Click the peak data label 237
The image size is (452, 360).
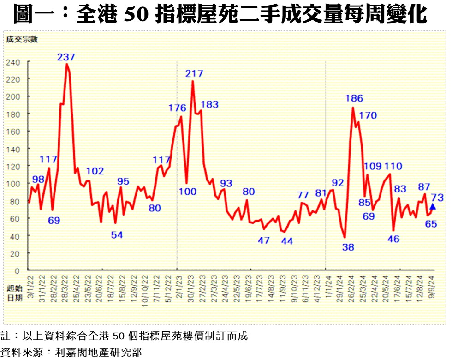tap(66, 57)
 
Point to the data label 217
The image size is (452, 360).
tap(194, 73)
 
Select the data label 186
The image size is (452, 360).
tap(354, 98)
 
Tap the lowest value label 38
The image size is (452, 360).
tap(348, 247)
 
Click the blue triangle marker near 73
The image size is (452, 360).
tap(433, 206)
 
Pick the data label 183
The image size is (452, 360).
tap(209, 104)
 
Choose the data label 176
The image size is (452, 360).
tap(177, 108)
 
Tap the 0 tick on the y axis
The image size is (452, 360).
tap(17, 270)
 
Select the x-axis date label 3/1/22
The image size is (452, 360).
tap(30, 287)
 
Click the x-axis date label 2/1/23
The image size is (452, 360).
tap(178, 287)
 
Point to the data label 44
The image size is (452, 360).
tap(287, 240)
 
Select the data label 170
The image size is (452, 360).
tap(368, 115)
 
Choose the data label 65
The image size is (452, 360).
tap(431, 224)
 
